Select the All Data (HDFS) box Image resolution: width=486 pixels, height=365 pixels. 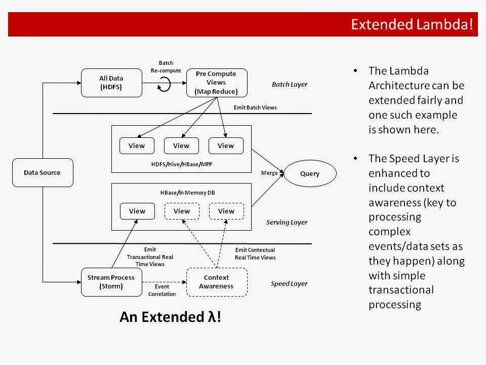tap(111, 83)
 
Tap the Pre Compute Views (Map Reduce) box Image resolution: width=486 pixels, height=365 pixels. tap(217, 83)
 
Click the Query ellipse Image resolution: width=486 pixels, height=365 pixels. tap(310, 173)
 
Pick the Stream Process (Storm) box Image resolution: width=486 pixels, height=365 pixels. tap(111, 282)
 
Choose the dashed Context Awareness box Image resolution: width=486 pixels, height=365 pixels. tap(217, 282)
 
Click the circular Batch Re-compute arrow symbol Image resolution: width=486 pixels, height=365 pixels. tap(165, 85)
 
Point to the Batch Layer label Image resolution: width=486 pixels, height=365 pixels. tap(289, 84)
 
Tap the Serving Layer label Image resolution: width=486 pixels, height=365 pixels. tap(287, 222)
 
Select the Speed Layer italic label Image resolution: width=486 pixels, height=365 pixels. tap(289, 284)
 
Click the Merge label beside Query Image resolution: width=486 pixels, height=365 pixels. tap(269, 173)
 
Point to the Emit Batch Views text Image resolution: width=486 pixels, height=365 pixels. tap(255, 107)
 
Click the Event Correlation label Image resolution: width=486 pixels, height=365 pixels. tap(162, 290)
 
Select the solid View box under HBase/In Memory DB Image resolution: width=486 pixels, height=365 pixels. tap(137, 211)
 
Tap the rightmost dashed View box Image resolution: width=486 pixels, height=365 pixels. tap(226, 211)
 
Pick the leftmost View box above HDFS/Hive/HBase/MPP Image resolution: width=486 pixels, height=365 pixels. tap(137, 145)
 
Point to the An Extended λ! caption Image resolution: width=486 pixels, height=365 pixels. tap(170, 317)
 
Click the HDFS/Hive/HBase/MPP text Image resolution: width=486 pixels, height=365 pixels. tap(181, 164)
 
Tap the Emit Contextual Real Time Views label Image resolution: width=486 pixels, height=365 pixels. tap(255, 254)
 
